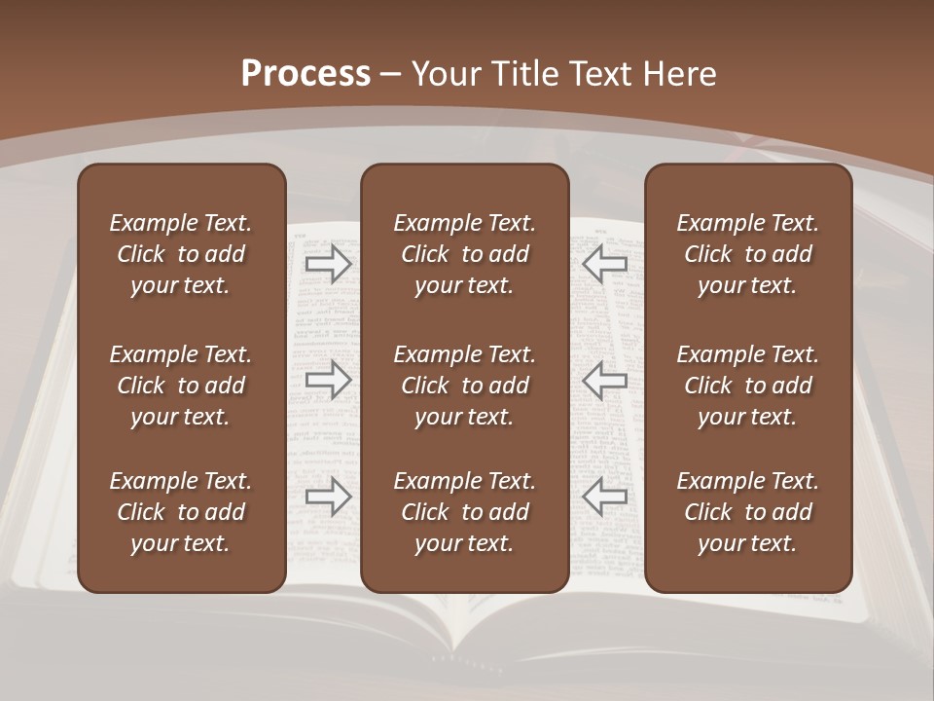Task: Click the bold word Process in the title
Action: coord(305,74)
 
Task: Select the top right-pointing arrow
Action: coord(329,263)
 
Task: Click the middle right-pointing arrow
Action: coord(329,380)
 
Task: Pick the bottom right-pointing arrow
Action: coord(329,497)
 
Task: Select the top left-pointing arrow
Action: coord(605,263)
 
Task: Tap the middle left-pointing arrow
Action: coord(605,380)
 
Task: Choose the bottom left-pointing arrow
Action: coord(605,497)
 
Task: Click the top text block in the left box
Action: coord(181,254)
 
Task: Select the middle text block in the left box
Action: coord(181,386)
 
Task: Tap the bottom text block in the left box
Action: coord(181,512)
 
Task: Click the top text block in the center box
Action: coord(464,254)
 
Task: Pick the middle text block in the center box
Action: coord(464,386)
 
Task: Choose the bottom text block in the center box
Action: coord(464,512)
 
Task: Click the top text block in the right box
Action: coord(747,254)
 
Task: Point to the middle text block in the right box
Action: coord(747,386)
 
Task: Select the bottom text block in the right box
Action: coord(747,512)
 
